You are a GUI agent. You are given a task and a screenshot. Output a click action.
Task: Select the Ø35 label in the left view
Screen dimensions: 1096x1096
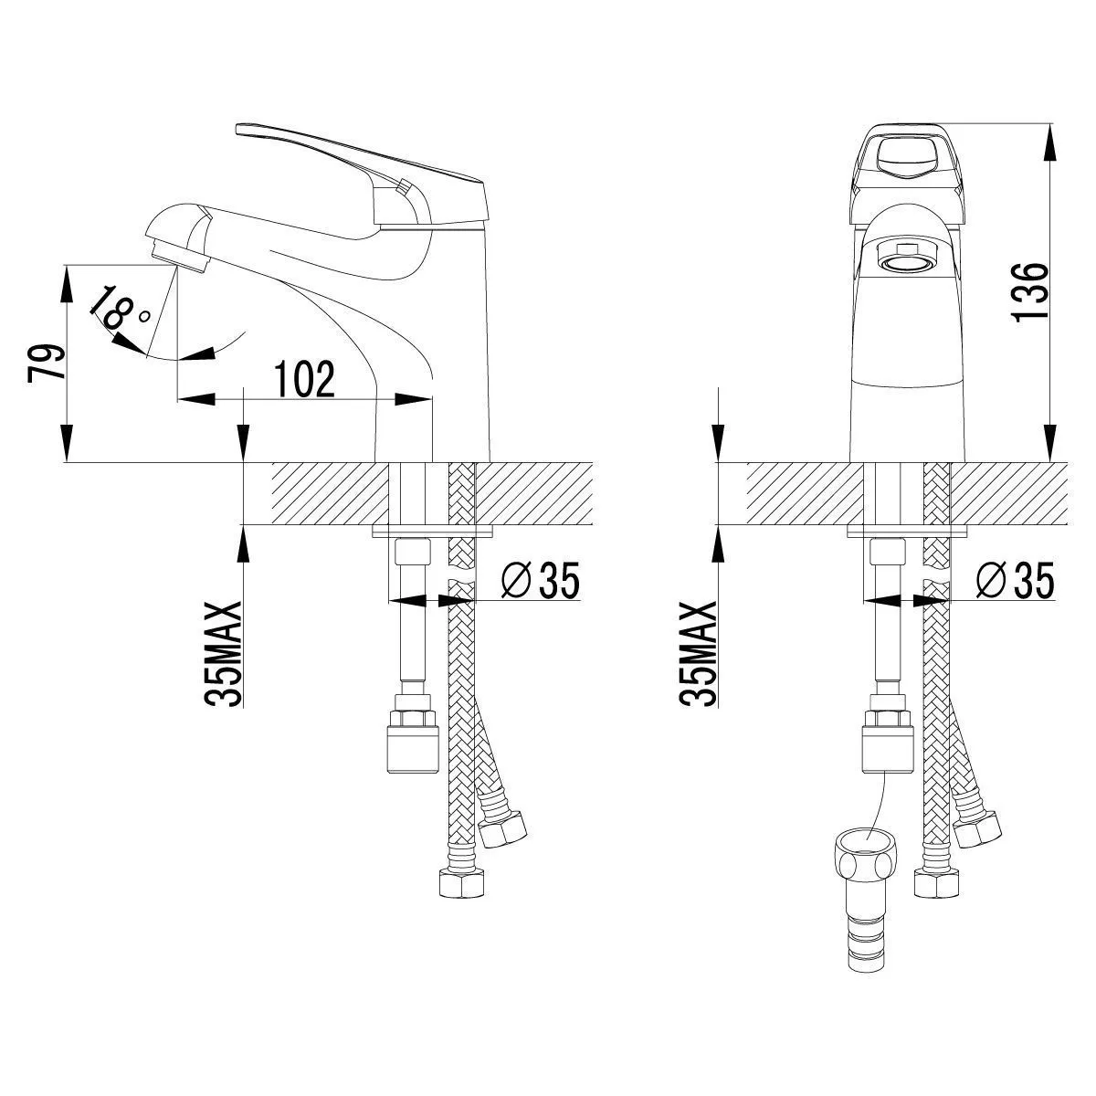(x=541, y=580)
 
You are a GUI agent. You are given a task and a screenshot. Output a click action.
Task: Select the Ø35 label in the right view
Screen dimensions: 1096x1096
(x=1015, y=580)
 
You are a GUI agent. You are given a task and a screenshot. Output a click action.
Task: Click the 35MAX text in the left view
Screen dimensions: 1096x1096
(x=222, y=654)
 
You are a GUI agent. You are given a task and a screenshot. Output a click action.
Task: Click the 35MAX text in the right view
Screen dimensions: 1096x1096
(x=699, y=654)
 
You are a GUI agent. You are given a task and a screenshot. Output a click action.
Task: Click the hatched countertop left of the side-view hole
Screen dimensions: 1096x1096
(x=329, y=493)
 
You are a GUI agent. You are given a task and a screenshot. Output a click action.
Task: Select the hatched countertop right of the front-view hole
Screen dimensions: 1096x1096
(x=1009, y=493)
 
